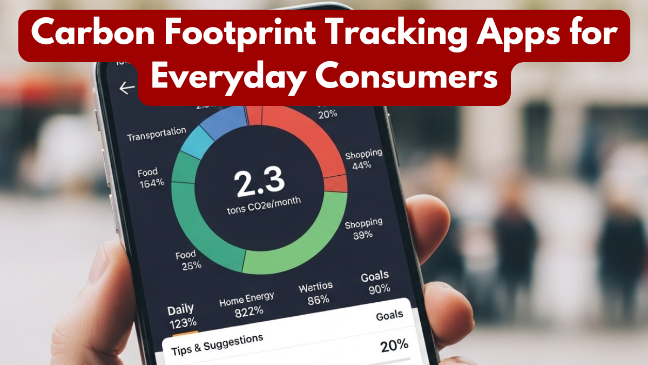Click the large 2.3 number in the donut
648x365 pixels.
(260, 182)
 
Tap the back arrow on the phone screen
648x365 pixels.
(127, 88)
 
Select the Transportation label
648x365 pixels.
(157, 134)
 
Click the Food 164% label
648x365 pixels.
(151, 177)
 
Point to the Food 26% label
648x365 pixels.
(188, 260)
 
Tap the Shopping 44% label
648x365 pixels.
(363, 160)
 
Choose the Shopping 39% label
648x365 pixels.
(363, 228)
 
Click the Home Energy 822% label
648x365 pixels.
(247, 304)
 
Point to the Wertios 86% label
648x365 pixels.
(316, 293)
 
